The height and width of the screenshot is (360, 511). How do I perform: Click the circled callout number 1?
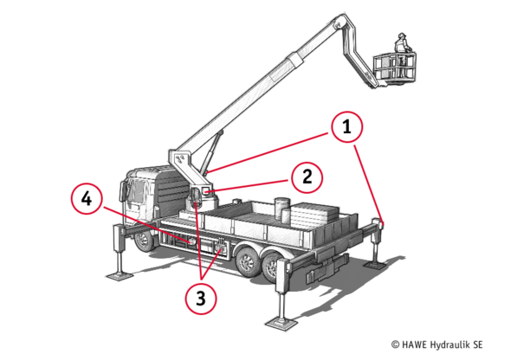(346, 126)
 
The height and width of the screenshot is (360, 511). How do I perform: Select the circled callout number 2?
(307, 177)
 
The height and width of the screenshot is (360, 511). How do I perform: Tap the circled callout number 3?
(201, 299)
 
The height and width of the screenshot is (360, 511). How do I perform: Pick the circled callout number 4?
(87, 198)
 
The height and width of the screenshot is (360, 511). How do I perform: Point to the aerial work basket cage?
(395, 67)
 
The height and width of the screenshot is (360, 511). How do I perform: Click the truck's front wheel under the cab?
(144, 241)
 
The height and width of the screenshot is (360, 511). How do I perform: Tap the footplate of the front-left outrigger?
(120, 277)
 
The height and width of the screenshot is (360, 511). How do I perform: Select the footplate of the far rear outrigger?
(375, 265)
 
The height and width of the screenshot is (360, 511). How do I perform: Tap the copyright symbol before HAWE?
(395, 344)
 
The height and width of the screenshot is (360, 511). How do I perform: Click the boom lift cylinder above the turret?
(213, 151)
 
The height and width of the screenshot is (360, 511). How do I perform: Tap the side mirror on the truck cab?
(123, 191)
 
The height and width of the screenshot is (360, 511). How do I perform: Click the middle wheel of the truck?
(247, 260)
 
